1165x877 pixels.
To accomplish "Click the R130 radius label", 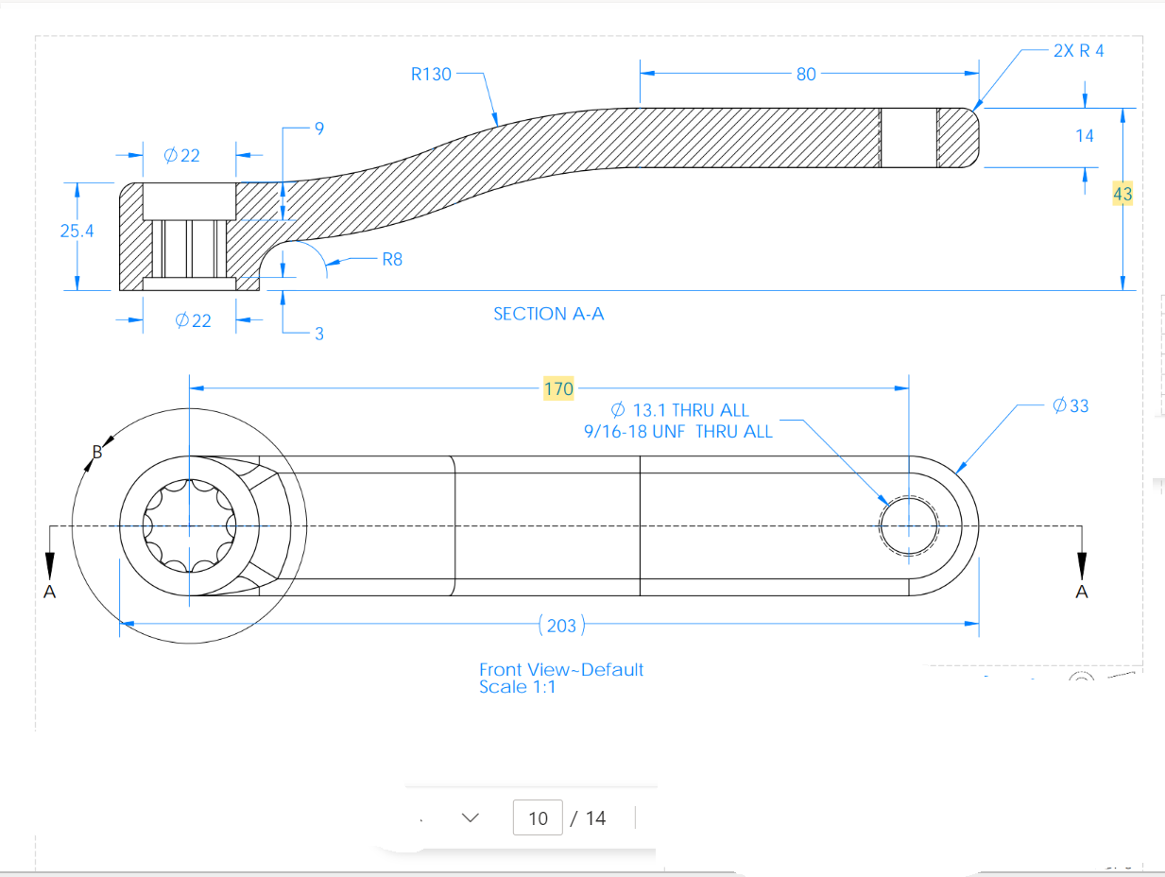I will (431, 74).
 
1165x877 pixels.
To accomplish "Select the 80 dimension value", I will (806, 74).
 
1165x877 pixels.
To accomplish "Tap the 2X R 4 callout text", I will (1078, 51).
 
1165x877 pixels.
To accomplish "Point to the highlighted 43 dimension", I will (1122, 194).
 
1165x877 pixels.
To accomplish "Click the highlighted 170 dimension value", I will (558, 388).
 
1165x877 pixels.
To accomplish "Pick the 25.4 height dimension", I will (77, 231).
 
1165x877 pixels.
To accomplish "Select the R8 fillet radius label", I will (392, 259).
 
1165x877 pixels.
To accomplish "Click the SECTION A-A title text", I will (548, 314).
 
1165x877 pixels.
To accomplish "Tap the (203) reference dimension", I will (562, 626).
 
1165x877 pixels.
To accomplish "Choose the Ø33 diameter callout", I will (1071, 405).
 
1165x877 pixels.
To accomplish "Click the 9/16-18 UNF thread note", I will (678, 431).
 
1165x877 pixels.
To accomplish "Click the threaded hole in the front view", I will (908, 525).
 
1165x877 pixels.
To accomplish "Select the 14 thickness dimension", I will (1085, 136).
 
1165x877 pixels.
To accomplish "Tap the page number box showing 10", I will (538, 817).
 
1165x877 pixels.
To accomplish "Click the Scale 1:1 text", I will (517, 687).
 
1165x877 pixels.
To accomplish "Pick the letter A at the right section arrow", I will (1082, 592).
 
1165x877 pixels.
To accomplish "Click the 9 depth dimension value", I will (319, 129).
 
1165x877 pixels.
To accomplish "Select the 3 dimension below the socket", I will (319, 334).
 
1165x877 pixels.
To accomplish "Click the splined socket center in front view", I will (189, 525).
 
